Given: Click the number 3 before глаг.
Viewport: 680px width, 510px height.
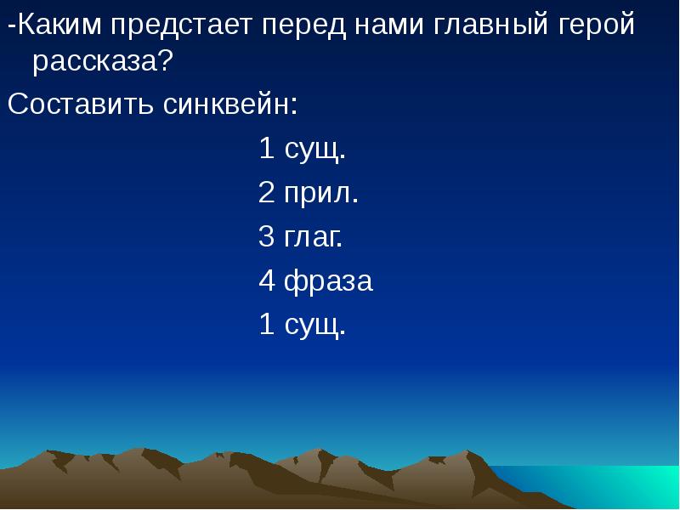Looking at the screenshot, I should point(266,236).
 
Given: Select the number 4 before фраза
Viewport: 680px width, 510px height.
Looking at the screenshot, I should point(266,280).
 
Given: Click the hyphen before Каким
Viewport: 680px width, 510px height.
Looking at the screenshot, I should point(11,28).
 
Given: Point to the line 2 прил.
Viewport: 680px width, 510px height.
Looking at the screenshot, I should point(309,193).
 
